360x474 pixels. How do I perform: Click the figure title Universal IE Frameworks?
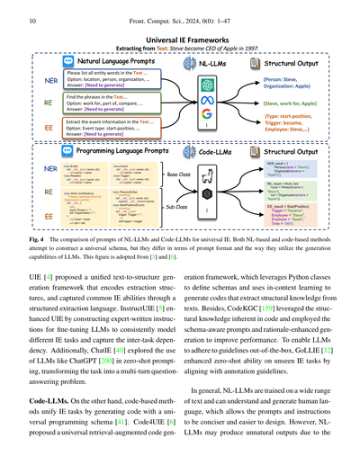(184, 40)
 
